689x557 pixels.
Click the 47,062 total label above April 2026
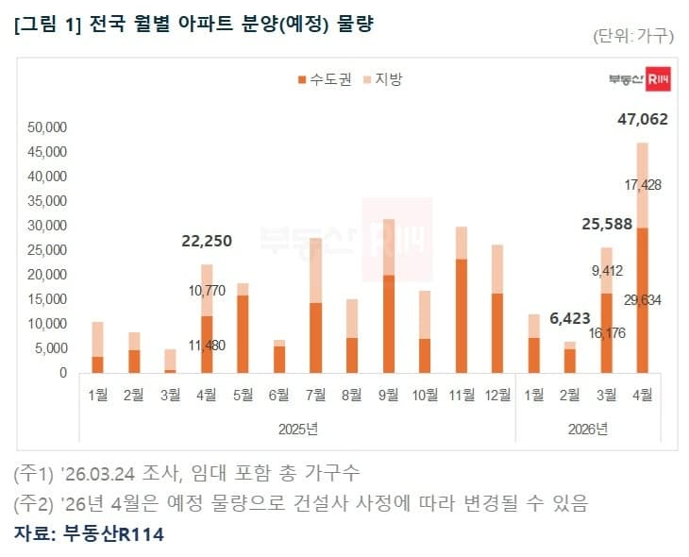(642, 119)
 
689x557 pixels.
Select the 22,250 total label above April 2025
(206, 242)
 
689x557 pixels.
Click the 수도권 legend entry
(324, 80)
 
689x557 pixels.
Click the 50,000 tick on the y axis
(48, 127)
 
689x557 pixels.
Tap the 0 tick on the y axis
(63, 373)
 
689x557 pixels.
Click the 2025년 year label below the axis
(298, 429)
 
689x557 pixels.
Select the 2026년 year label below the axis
(588, 429)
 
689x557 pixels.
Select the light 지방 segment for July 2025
(316, 270)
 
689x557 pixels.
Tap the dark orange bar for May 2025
(243, 333)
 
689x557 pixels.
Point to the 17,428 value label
(642, 185)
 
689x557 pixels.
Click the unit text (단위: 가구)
(632, 37)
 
